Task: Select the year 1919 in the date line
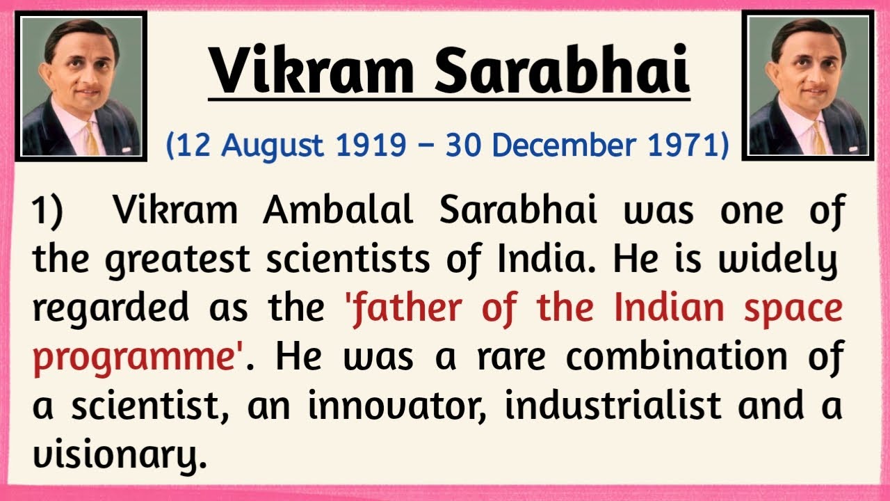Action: click(x=368, y=145)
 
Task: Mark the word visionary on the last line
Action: click(x=118, y=456)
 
